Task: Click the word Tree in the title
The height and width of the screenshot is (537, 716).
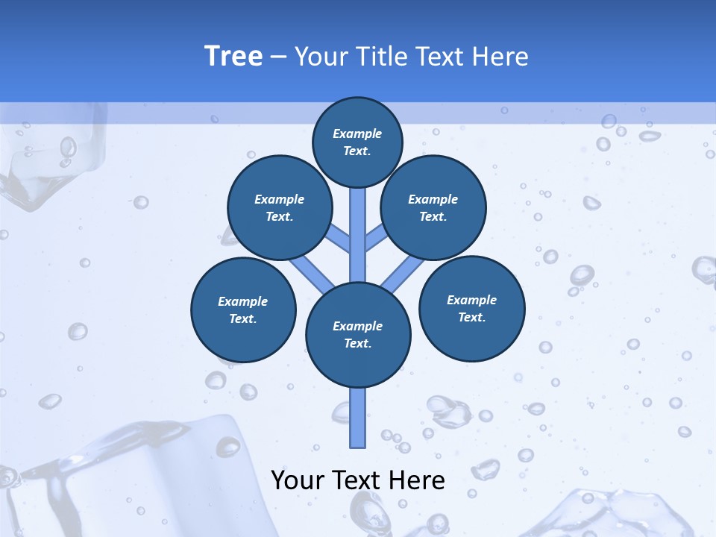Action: coord(233,57)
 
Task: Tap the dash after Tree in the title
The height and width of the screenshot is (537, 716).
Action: coord(279,57)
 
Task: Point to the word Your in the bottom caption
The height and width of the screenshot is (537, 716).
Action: coord(298,480)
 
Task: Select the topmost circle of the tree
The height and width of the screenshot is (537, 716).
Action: coord(357,142)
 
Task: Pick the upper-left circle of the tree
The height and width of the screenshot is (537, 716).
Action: coord(280,208)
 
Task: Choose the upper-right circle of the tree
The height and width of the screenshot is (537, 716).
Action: coord(433,208)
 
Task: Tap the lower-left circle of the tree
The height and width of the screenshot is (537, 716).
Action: coord(243,310)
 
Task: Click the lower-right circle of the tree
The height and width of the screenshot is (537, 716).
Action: coord(472,308)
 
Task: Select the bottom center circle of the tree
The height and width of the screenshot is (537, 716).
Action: coord(358,335)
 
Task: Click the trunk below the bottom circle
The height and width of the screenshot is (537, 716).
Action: coord(358,418)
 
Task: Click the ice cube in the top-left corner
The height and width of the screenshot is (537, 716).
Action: coord(45,157)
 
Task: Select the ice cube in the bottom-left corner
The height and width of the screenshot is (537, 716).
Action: coord(112,477)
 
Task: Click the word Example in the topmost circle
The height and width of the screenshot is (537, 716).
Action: coord(357,134)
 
